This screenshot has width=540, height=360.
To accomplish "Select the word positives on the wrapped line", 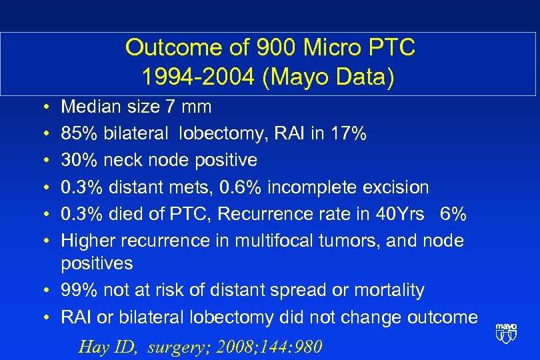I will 97,263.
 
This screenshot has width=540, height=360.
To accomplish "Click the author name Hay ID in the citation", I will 107,347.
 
